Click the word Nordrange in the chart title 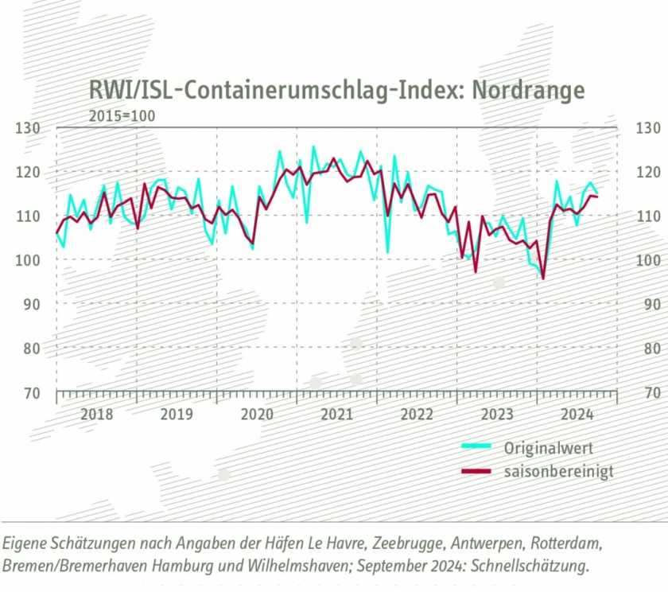528,90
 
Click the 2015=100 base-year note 122,116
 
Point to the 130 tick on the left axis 28,127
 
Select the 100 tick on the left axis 28,260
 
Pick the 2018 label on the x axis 96,415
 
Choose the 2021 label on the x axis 336,415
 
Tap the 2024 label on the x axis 577,415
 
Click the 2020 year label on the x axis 256,415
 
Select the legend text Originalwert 548,447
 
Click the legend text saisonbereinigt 558,472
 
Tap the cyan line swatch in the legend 478,447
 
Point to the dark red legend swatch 478,473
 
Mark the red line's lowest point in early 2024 543,278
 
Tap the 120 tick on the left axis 28,172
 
